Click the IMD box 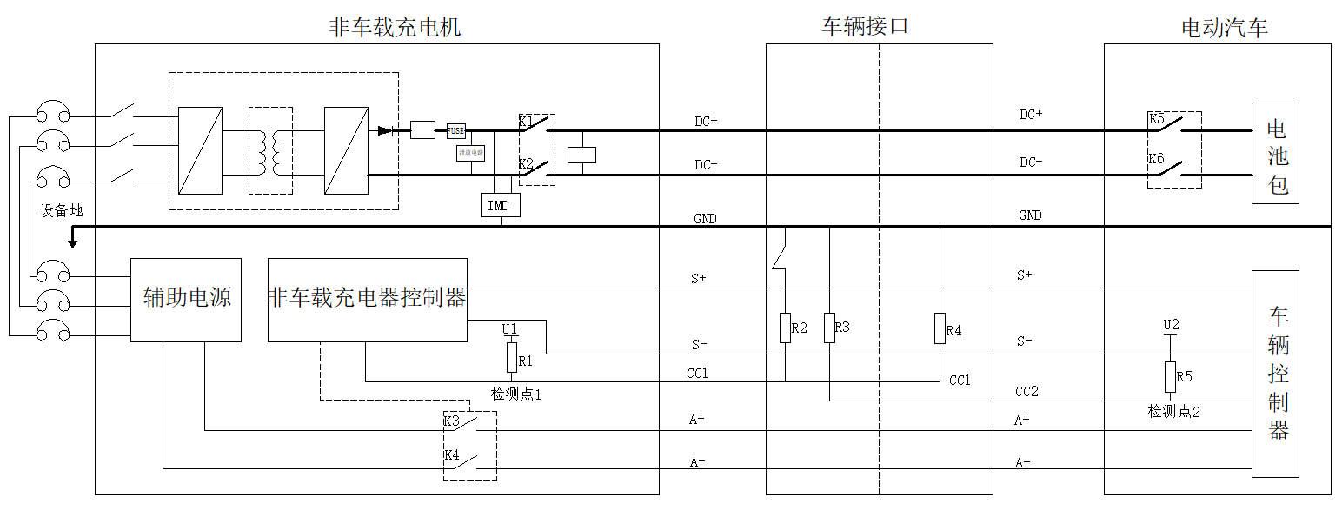tap(500, 205)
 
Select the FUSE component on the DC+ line tap(455, 130)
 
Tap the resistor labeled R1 tap(512, 358)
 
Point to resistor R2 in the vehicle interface tap(785, 328)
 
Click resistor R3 tap(830, 328)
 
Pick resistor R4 tap(940, 328)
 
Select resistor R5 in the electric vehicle tap(1171, 377)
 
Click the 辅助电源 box tap(186, 299)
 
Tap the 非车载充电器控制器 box tap(367, 299)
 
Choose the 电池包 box tap(1275, 154)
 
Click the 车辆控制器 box tap(1275, 374)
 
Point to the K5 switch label tap(1156, 119)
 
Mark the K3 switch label tap(451, 421)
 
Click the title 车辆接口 tap(865, 26)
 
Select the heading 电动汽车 tap(1224, 28)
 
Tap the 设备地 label tap(62, 210)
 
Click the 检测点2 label tap(1173, 411)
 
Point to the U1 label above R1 tap(510, 328)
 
